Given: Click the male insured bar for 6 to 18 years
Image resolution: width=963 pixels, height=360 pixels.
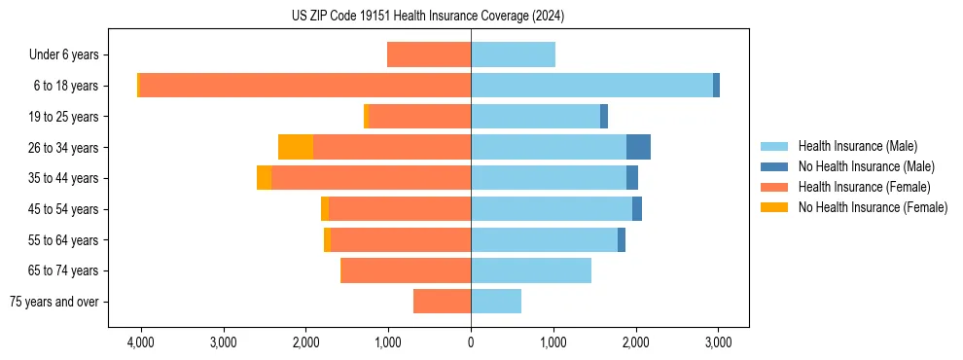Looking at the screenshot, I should pos(591,86).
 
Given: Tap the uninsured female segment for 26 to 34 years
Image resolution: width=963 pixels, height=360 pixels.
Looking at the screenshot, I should pos(296,147).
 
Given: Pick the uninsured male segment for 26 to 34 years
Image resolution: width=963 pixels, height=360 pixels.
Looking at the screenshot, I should pos(638,147).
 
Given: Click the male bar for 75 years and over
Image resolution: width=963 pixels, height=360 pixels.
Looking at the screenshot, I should pos(496,302).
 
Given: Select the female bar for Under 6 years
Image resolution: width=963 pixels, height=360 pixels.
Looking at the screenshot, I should pos(429,54).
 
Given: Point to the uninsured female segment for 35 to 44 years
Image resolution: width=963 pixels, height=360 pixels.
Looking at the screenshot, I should pos(264,178).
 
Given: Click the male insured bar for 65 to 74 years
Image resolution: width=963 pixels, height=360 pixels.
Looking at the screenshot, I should pos(531,270).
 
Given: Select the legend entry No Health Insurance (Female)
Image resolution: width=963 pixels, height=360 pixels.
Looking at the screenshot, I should pos(871,207).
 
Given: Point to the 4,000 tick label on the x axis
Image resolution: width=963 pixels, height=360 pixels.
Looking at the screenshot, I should pos(141,342).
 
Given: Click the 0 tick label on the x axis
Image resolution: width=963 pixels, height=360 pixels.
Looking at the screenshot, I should pos(471,342).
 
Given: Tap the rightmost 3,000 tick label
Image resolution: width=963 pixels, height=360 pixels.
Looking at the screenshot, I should pos(718,342).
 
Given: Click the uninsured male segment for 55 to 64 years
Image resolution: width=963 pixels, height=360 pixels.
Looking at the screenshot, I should pos(622,239).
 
